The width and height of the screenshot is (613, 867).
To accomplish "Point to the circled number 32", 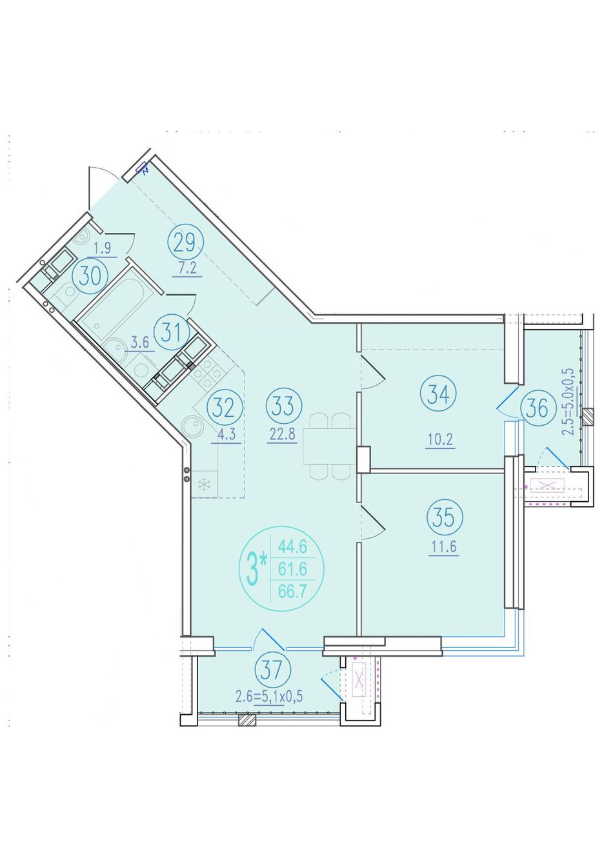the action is pyautogui.click(x=225, y=408).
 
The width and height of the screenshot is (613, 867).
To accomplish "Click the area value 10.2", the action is pyautogui.click(x=440, y=440).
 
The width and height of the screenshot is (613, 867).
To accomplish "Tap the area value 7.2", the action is pyautogui.click(x=187, y=268).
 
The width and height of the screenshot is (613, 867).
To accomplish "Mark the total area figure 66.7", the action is pyautogui.click(x=292, y=592).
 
